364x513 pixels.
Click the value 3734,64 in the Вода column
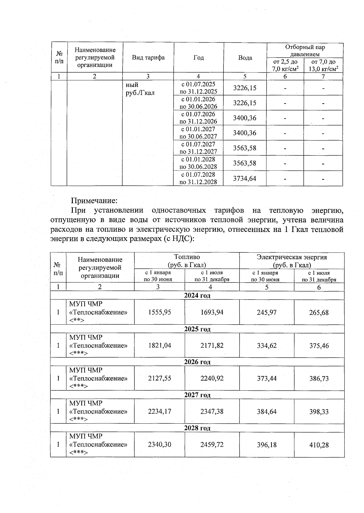coord(244,178)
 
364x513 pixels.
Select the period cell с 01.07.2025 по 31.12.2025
coord(198,88)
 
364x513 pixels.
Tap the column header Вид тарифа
coord(148,58)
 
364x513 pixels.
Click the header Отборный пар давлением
coord(305,51)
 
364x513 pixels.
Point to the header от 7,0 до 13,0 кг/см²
coord(323,65)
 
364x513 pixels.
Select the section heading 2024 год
coord(197,296)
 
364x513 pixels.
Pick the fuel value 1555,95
coord(160,312)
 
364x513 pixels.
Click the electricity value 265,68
coord(319,312)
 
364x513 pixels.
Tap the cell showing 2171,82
coord(212,346)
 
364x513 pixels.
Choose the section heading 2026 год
coord(197,362)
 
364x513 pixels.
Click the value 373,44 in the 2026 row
coord(267,379)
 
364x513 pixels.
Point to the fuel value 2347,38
coord(212,412)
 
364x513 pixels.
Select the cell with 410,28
coord(319,445)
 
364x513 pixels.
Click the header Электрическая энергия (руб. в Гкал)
coord(292,261)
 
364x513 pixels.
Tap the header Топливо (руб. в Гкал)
coord(187,261)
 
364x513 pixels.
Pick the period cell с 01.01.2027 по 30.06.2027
coord(198,133)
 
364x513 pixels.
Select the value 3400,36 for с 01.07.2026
coord(244,118)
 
